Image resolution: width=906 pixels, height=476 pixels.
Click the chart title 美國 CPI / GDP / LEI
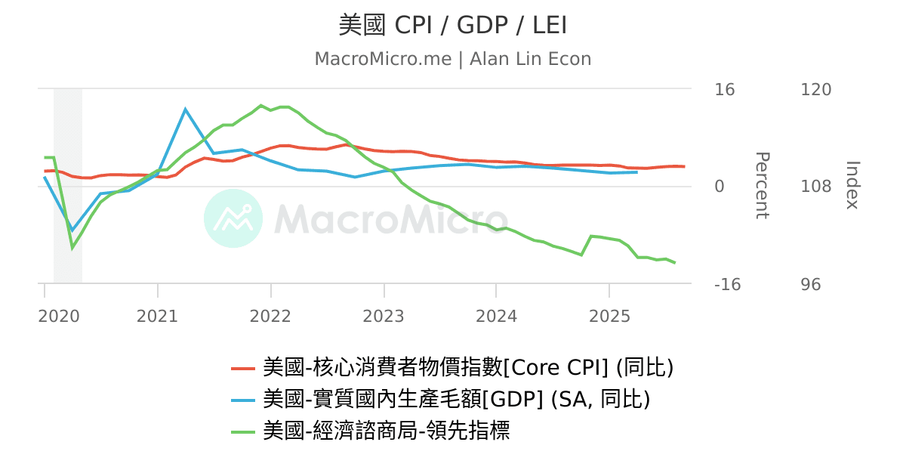[x=452, y=26]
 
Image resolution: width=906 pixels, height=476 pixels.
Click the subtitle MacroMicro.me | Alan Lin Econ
[x=452, y=59]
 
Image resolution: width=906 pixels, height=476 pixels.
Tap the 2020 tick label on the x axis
[x=59, y=316]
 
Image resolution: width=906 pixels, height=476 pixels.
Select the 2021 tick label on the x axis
[x=157, y=316]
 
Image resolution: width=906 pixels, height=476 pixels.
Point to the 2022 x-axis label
[x=270, y=316]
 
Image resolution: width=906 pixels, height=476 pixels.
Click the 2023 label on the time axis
[x=384, y=316]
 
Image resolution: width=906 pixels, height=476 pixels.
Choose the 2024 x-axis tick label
[x=496, y=316]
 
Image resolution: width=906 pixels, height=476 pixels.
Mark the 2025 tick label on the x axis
[x=609, y=316]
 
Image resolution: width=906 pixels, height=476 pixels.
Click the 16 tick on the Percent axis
[x=724, y=90]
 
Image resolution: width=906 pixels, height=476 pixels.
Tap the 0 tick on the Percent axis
[x=720, y=187]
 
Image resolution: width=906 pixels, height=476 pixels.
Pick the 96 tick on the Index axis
[x=811, y=285]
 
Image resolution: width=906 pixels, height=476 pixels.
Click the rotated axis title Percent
[x=762, y=185]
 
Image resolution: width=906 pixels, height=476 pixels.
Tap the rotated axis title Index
[x=852, y=185]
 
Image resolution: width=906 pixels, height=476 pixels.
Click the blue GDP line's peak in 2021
[x=186, y=110]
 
